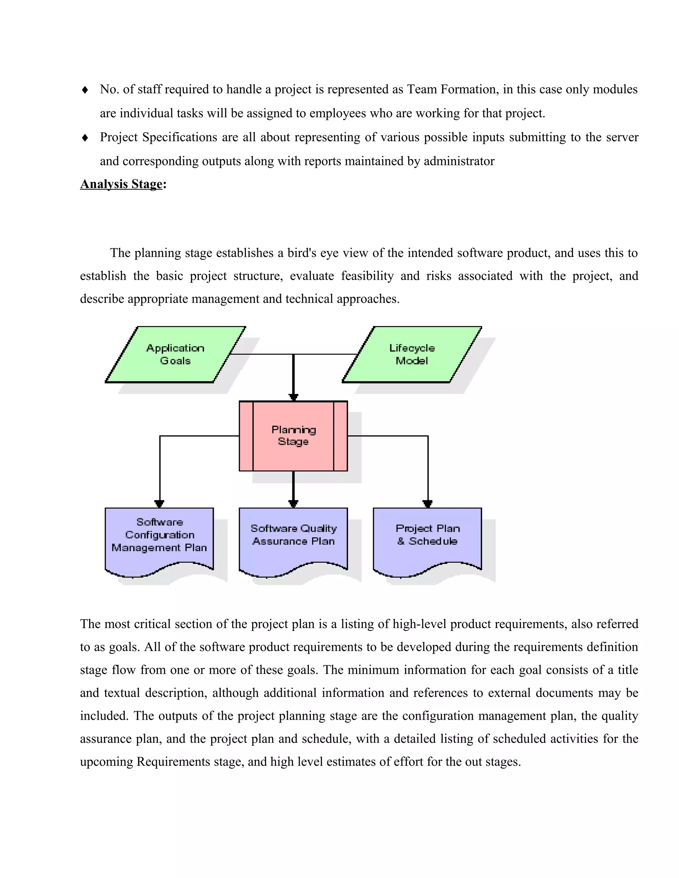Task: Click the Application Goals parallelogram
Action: pos(175,354)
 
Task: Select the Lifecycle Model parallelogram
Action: pos(411,354)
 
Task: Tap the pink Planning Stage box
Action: pos(293,436)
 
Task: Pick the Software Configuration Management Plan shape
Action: pos(159,539)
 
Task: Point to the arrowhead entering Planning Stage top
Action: pos(294,397)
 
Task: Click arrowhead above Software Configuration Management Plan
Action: pos(159,504)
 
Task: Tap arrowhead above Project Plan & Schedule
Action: pos(428,504)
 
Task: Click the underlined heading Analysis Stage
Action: pos(121,184)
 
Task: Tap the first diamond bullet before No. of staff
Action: pos(85,90)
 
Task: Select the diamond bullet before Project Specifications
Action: pos(85,138)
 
